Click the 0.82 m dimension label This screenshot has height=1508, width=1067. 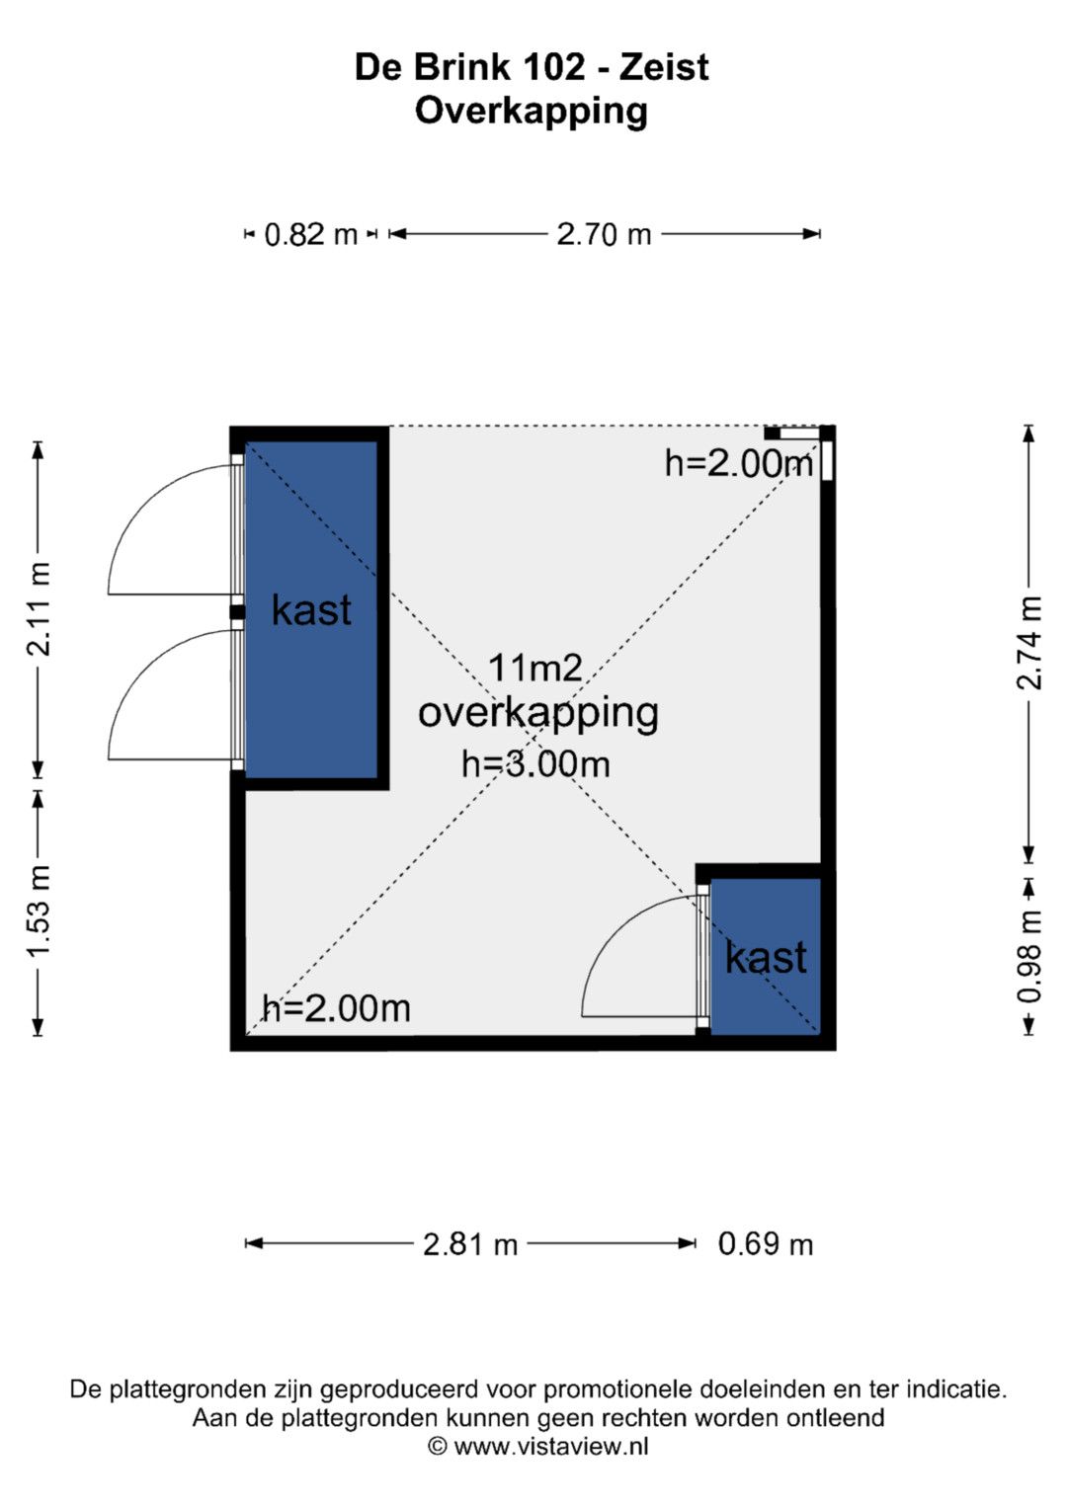pos(310,235)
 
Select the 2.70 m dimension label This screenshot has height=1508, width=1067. pos(604,235)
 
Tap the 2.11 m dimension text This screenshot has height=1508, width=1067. pos(39,609)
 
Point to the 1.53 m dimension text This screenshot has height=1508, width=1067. pos(39,909)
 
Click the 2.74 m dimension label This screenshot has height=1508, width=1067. pos(1028,643)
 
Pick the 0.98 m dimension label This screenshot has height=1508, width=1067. pos(1028,956)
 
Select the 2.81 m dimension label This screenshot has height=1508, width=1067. pos(470,1244)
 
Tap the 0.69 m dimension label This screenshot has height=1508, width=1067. pos(766,1244)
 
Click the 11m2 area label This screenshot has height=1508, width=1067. pos(534,670)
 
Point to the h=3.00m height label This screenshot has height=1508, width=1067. pos(535,764)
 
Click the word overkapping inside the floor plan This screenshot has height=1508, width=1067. pos(537,714)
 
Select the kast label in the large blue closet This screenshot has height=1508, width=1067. pos(311,609)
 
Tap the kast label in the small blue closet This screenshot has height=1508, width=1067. pos(766,957)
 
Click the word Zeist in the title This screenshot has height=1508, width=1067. pos(664,67)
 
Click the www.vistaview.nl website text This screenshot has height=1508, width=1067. pos(551,1446)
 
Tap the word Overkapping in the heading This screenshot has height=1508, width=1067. pos(531,111)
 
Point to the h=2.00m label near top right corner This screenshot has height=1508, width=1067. pos(739,464)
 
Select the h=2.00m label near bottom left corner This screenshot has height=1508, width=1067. pos(336,1008)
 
